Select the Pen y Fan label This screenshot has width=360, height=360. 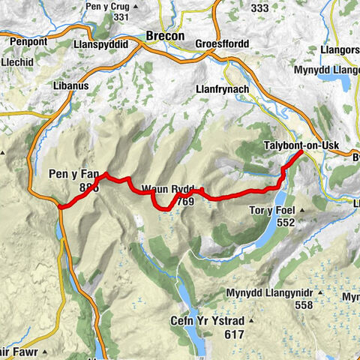click(x=74, y=175)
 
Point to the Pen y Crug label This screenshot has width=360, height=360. click(x=110, y=5)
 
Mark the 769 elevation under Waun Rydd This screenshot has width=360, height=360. click(x=187, y=201)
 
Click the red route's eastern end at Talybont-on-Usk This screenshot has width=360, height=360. click(x=301, y=152)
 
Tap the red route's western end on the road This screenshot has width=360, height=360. click(x=58, y=205)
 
